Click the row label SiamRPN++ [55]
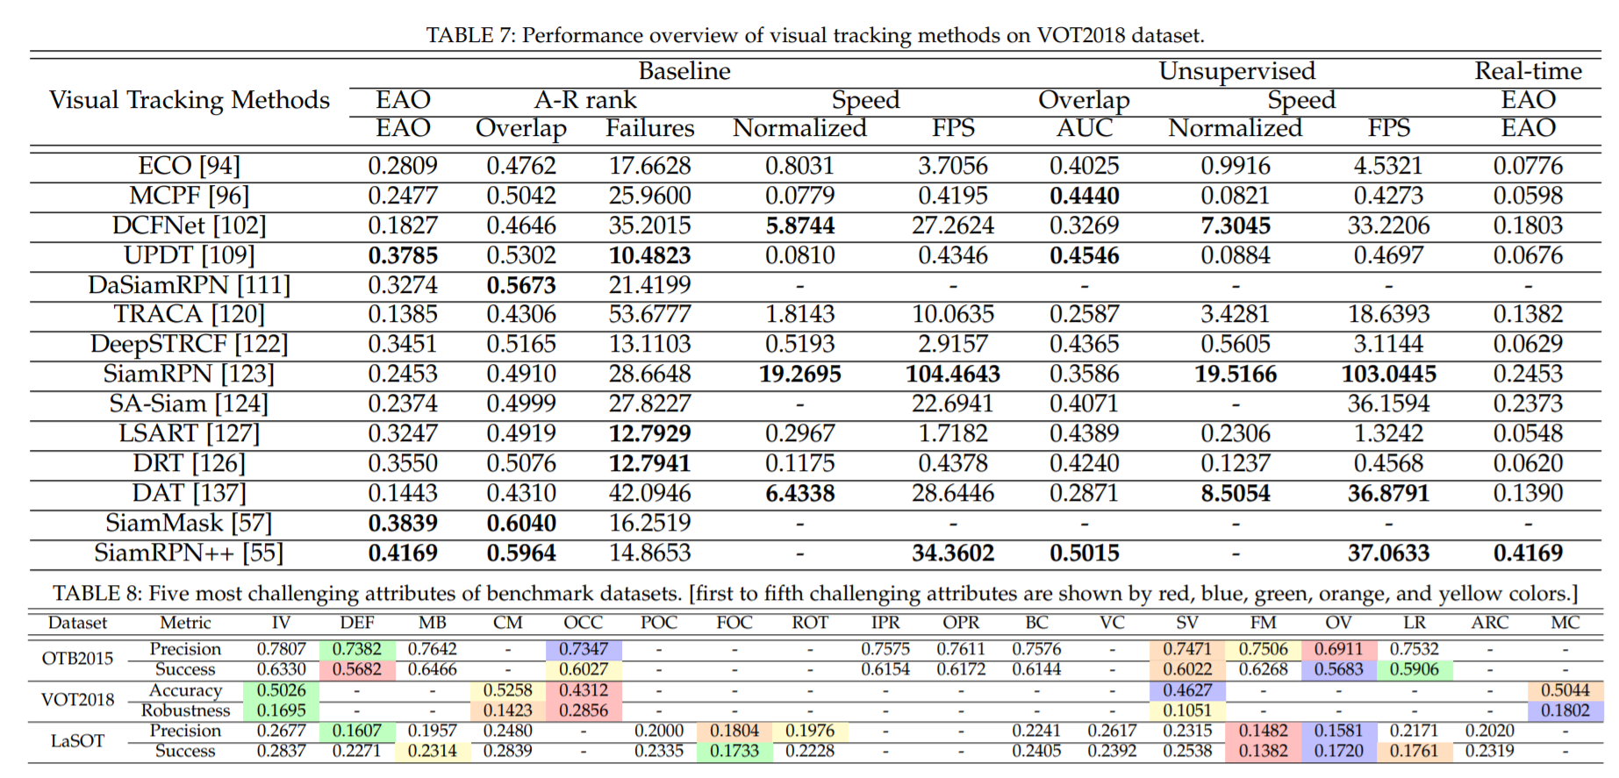pyautogui.click(x=189, y=553)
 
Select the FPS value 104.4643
pyautogui.click(x=953, y=375)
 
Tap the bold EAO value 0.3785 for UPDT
pyautogui.click(x=403, y=256)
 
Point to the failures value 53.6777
pyautogui.click(x=649, y=314)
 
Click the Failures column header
pyautogui.click(x=649, y=129)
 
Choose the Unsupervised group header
pyautogui.click(x=1236, y=71)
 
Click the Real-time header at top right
pyautogui.click(x=1528, y=71)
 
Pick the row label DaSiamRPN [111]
pyautogui.click(x=189, y=285)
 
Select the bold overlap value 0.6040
pyautogui.click(x=521, y=524)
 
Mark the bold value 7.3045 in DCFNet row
pyautogui.click(x=1236, y=226)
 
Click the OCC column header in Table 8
pyautogui.click(x=584, y=623)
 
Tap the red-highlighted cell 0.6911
pyautogui.click(x=1338, y=649)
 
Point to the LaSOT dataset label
pyautogui.click(x=77, y=741)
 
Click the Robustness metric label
pyautogui.click(x=185, y=710)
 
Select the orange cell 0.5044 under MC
pyautogui.click(x=1565, y=690)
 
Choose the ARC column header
pyautogui.click(x=1489, y=623)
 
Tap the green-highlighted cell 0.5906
pyautogui.click(x=1414, y=669)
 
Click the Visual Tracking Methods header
pyautogui.click(x=189, y=100)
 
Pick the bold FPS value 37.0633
pyautogui.click(x=1388, y=553)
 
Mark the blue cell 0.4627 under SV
pyautogui.click(x=1187, y=690)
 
